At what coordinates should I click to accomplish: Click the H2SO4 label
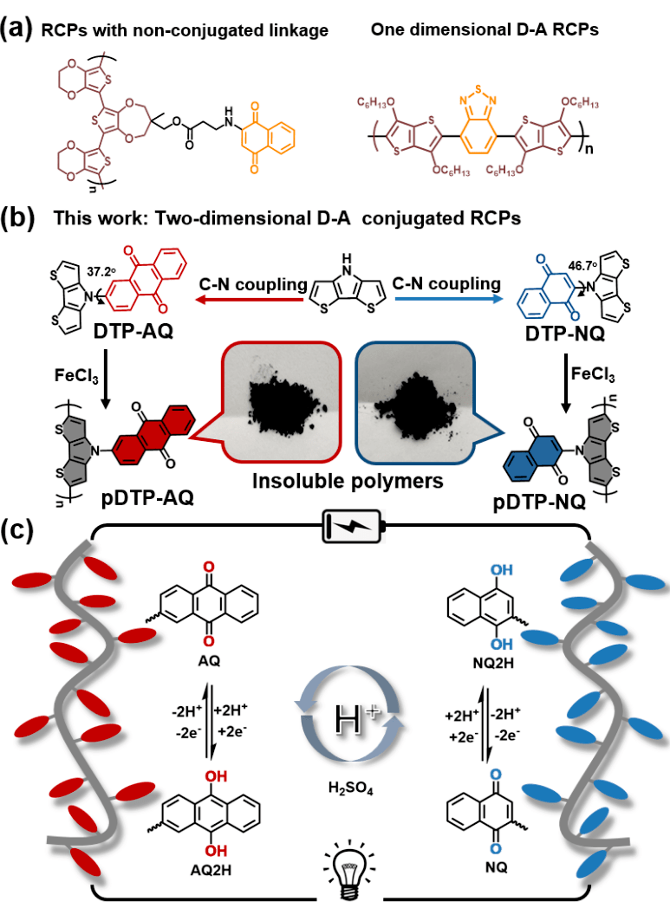point(350,788)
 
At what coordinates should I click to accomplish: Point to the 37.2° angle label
point(102,271)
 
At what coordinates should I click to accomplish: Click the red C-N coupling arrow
point(250,300)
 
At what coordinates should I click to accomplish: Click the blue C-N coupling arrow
point(448,299)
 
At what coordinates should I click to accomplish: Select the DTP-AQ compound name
point(133,331)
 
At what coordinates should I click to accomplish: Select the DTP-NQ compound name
point(564,334)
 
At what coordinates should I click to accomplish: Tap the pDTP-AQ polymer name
point(147,497)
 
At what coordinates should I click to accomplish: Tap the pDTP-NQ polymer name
point(539,501)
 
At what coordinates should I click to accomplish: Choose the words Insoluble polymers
point(348,481)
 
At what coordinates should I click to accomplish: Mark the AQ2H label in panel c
point(211,870)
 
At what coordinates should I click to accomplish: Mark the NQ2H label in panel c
point(493,663)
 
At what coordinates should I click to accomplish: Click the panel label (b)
point(17,217)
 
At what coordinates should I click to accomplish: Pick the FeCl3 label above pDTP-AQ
point(76,376)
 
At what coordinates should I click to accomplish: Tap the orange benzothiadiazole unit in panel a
point(478,121)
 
